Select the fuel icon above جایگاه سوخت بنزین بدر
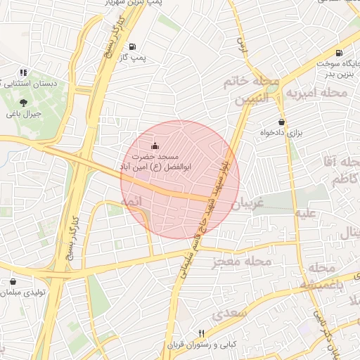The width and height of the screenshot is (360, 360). (x=340, y=53)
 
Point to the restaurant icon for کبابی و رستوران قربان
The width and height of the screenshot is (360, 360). (x=201, y=333)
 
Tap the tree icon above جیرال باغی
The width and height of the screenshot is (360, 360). (x=24, y=103)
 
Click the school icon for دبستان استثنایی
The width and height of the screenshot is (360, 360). (x=24, y=72)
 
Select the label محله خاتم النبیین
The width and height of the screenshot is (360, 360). (x=252, y=91)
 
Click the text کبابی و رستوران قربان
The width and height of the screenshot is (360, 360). (x=201, y=345)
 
